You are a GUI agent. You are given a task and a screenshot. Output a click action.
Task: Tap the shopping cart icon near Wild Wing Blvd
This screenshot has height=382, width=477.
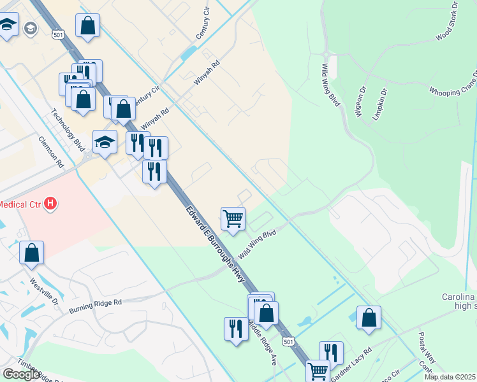(233, 218)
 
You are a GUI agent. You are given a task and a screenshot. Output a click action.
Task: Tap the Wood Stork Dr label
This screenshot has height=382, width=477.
(447, 22)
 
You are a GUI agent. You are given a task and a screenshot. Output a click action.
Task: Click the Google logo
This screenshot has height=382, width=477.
(20, 374)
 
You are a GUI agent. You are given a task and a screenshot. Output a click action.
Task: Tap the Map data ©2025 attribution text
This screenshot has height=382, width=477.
(450, 377)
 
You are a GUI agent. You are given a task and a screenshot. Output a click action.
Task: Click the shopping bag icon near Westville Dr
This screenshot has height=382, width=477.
(32, 253)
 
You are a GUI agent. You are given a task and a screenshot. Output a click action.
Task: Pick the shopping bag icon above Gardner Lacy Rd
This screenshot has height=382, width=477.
(369, 318)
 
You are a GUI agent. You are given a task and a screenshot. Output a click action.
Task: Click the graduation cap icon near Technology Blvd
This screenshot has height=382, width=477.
(105, 141)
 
